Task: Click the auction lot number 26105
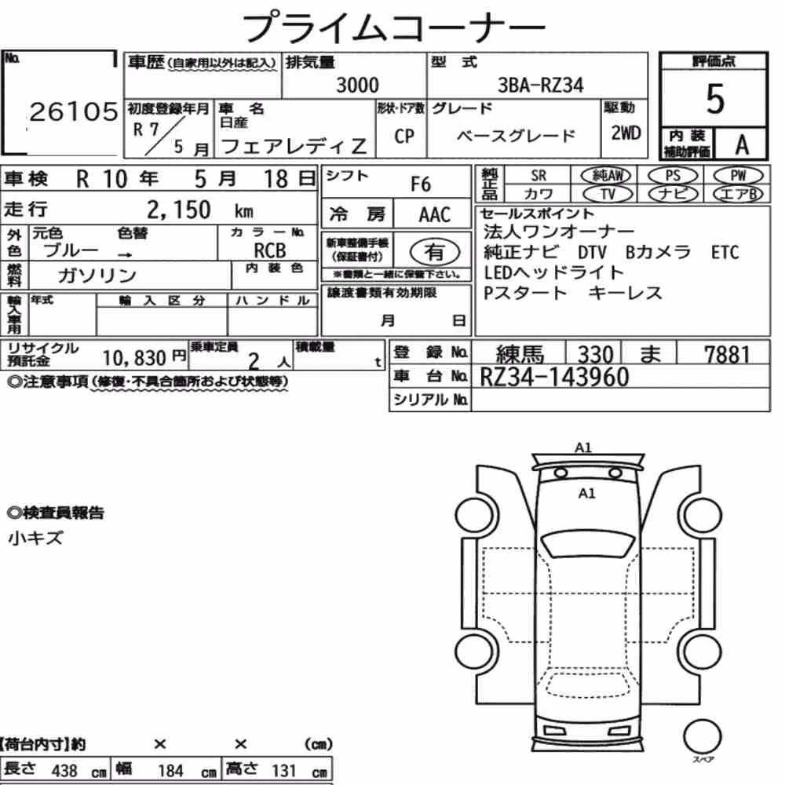point(74,111)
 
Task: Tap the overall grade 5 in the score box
point(715,99)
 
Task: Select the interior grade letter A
point(742,145)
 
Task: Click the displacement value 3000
point(357,85)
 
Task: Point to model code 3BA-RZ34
point(541,85)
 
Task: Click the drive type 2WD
point(626,133)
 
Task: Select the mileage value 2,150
point(179,210)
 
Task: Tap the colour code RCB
point(270,250)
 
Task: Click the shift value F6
point(421,184)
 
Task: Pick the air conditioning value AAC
point(435,215)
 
